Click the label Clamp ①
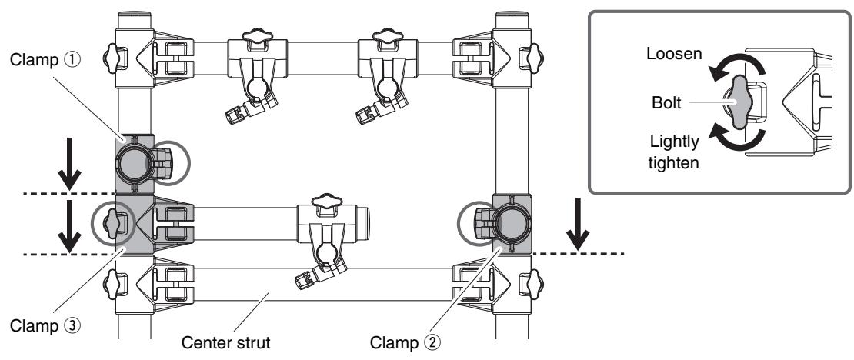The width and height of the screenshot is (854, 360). (45, 60)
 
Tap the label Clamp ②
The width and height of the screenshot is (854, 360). (405, 342)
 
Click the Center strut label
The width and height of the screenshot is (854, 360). (225, 342)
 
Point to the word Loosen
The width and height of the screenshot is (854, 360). (674, 54)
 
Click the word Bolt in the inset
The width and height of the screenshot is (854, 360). (666, 102)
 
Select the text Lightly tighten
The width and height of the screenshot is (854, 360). (674, 152)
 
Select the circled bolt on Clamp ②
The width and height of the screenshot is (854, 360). (482, 222)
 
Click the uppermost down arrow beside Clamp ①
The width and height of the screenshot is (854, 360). (69, 164)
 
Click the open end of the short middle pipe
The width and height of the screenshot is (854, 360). (366, 223)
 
